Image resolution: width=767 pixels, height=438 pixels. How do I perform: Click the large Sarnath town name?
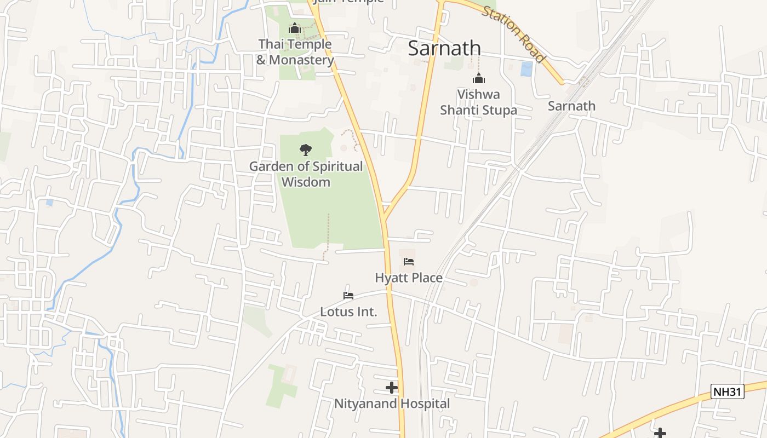click(x=444, y=48)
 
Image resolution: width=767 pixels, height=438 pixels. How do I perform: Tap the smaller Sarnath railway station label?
click(x=571, y=106)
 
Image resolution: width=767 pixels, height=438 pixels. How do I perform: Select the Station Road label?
click(x=513, y=34)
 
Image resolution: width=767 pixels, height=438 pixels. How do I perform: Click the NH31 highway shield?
click(x=728, y=391)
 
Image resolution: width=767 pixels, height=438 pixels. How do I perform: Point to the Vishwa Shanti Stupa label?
click(x=478, y=102)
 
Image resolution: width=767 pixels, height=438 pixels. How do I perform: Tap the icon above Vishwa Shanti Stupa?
click(x=479, y=79)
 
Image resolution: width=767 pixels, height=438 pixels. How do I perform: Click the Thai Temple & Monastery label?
click(x=295, y=52)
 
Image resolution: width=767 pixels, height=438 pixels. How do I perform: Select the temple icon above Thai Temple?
click(x=295, y=28)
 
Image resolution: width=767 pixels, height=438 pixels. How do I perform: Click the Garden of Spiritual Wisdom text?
click(x=306, y=174)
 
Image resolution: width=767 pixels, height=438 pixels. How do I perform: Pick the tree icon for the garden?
click(x=305, y=149)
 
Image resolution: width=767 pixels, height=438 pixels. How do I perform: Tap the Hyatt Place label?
click(x=409, y=278)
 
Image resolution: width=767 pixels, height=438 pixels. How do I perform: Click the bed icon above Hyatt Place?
click(x=409, y=262)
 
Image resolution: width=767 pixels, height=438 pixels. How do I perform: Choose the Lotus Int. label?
click(x=348, y=313)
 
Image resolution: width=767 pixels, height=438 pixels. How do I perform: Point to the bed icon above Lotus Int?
click(x=348, y=296)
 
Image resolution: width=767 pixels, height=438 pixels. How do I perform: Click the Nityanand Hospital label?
click(x=392, y=404)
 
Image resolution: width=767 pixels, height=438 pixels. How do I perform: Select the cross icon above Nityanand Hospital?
click(x=391, y=388)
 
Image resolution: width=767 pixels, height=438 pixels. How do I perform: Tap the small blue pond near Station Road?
click(x=526, y=69)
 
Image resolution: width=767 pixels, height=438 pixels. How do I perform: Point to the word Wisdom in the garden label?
click(x=306, y=182)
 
